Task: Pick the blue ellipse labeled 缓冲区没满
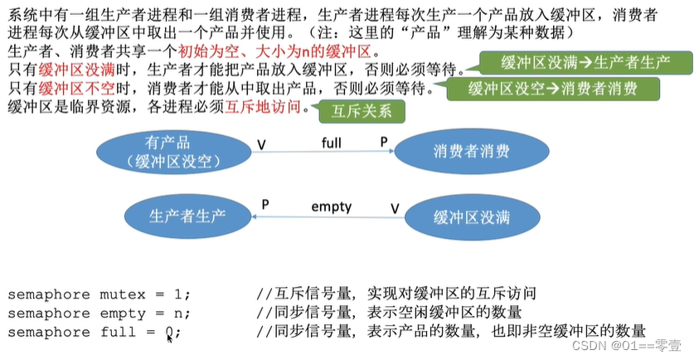click(470, 217)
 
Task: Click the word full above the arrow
click(331, 142)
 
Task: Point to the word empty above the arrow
click(331, 207)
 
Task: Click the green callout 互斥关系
click(361, 109)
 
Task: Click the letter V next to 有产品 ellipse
click(261, 145)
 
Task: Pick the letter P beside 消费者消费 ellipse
click(384, 142)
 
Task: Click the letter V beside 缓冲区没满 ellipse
click(395, 208)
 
